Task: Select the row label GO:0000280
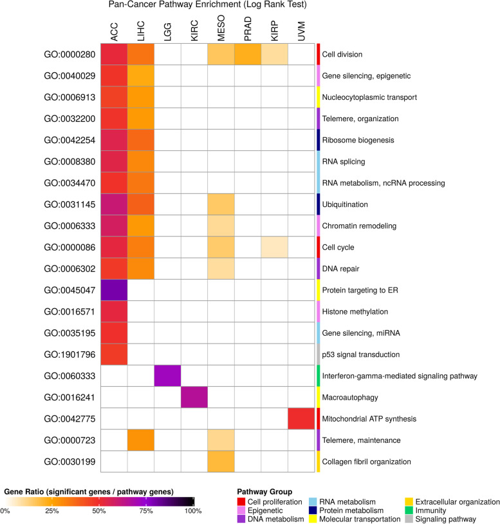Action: click(63, 54)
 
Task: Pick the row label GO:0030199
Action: click(63, 461)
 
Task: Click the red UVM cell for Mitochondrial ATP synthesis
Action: click(301, 419)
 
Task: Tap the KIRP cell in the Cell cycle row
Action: click(274, 247)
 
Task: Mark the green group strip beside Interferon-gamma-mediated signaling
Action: click(318, 376)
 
